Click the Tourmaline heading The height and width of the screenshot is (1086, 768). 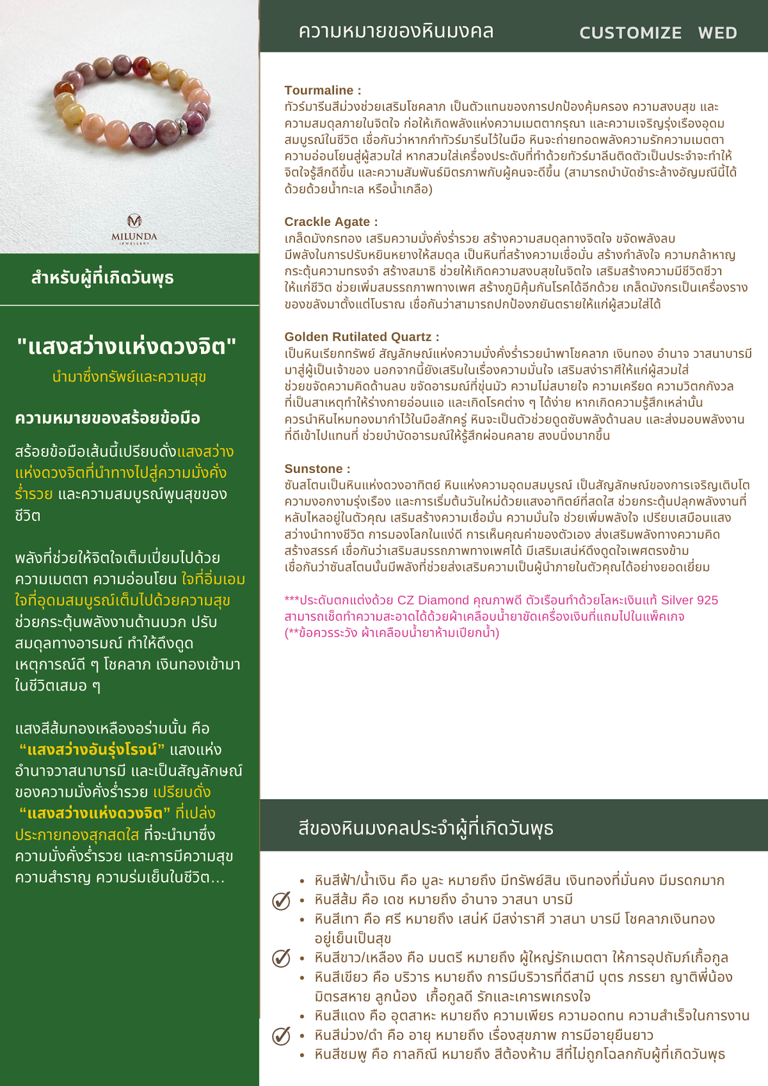tap(323, 90)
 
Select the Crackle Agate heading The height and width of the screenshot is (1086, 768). tap(331, 221)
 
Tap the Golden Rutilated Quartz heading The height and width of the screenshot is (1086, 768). tap(362, 337)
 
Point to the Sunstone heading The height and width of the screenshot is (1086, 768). tap(317, 468)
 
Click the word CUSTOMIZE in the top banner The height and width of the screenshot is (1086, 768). tap(630, 33)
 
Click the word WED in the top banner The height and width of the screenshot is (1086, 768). tap(717, 33)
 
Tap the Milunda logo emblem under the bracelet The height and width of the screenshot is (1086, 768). tap(134, 221)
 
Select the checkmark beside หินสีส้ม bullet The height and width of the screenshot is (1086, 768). tap(281, 900)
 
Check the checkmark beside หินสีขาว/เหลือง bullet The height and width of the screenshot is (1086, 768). tap(281, 958)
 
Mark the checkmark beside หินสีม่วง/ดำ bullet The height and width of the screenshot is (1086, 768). tap(281, 1035)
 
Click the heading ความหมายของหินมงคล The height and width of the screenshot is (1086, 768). tap(396, 31)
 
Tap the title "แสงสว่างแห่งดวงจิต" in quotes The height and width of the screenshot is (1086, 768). tap(127, 346)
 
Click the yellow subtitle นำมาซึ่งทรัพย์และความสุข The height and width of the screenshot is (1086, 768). tap(129, 377)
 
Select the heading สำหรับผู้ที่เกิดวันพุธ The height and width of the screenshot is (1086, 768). tap(102, 278)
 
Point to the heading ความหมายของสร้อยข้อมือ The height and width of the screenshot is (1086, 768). tap(108, 418)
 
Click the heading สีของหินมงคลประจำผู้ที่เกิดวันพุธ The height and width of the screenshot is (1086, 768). tap(426, 828)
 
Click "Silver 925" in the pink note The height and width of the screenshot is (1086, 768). tap(689, 600)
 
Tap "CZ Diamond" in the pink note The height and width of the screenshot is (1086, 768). tap(433, 600)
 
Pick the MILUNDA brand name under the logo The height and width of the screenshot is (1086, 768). tap(134, 236)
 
